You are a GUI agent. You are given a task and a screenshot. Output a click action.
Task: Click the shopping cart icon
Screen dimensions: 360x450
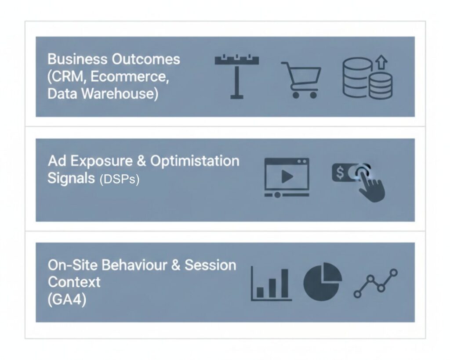coord(301,79)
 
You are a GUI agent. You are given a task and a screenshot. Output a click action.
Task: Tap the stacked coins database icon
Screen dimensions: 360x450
coord(367,78)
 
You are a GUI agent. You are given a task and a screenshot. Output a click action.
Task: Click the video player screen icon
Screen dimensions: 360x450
coord(287,177)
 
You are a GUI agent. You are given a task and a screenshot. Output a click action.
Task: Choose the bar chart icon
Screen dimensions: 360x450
coord(271,284)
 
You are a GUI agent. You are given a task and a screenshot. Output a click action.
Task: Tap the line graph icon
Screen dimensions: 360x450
coord(376,283)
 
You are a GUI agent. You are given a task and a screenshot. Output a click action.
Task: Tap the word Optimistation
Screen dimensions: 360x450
coord(195,161)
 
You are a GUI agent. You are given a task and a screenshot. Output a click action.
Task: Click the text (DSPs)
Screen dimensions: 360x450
coord(119,179)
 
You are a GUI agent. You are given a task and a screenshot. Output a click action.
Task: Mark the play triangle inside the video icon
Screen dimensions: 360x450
coord(287,176)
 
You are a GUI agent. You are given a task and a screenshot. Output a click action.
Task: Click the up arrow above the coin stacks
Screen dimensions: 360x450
coord(381,63)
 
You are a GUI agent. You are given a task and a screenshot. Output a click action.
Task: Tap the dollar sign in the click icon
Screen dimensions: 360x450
coord(340,173)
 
